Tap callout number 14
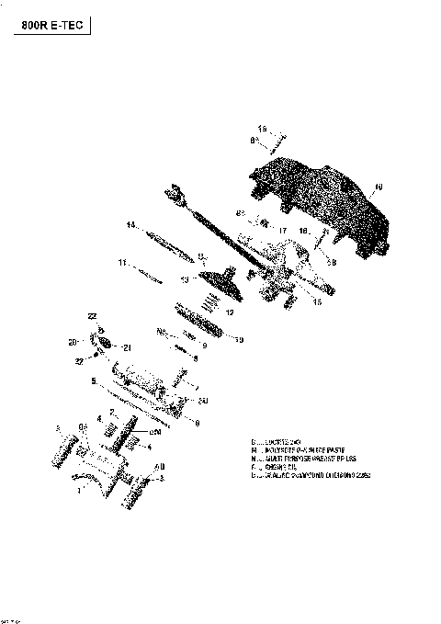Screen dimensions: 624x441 tap(131, 224)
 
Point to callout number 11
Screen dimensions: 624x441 tap(121, 263)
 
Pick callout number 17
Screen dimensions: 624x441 tap(283, 231)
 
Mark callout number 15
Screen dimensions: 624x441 tap(317, 301)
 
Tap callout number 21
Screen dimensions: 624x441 tap(128, 347)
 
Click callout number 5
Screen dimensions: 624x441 tap(94, 380)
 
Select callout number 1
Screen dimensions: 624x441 tap(79, 490)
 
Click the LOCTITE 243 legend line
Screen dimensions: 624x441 tap(280, 442)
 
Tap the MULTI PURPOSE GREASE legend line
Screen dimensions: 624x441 tap(299, 459)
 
